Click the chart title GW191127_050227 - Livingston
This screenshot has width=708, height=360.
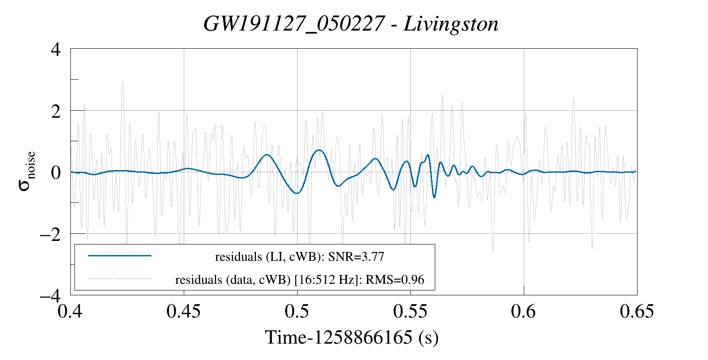[x=351, y=24]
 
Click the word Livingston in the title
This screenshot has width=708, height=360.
[x=451, y=24]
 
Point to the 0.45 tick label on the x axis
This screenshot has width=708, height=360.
[x=183, y=311]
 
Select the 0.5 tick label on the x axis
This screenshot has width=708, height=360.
[x=297, y=311]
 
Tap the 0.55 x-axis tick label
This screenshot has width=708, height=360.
[x=410, y=311]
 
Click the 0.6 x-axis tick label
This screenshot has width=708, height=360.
[x=523, y=311]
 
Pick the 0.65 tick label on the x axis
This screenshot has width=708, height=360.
[x=637, y=311]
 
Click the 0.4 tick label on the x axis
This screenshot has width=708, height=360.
[x=70, y=311]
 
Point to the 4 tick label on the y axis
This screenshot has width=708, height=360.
[x=56, y=49]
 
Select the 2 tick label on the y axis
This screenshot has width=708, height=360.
[x=56, y=111]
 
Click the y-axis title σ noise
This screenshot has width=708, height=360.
[x=27, y=172]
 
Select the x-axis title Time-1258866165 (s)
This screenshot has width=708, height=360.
[x=352, y=337]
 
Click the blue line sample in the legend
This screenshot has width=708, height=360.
[x=120, y=255]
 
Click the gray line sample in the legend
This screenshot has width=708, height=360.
[x=120, y=279]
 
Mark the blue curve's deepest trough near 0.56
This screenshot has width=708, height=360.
[x=434, y=197]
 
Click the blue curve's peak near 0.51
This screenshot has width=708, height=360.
[x=318, y=150]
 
